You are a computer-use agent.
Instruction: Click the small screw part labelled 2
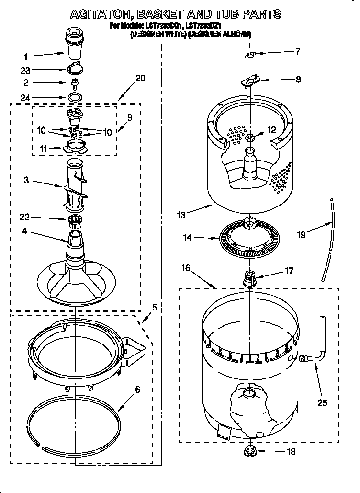tap(74, 83)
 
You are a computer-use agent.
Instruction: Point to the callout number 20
tap(140, 79)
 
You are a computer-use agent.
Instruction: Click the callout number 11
tap(45, 149)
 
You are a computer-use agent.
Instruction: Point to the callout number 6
tap(137, 390)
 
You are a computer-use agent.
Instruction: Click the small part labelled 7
tap(250, 55)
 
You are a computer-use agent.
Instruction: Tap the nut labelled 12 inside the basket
tap(251, 138)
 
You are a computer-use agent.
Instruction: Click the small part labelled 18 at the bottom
tap(249, 451)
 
